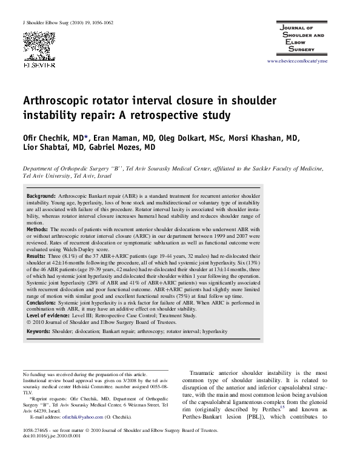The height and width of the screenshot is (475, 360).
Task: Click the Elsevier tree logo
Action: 39,45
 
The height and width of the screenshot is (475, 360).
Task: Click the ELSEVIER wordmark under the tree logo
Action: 39,63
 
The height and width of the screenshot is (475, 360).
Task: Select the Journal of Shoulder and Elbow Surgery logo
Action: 307,40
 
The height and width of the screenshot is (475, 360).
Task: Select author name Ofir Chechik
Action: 45,136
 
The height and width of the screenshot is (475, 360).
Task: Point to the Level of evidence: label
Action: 51,315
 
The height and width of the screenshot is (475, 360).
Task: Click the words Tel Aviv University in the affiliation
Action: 44,175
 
